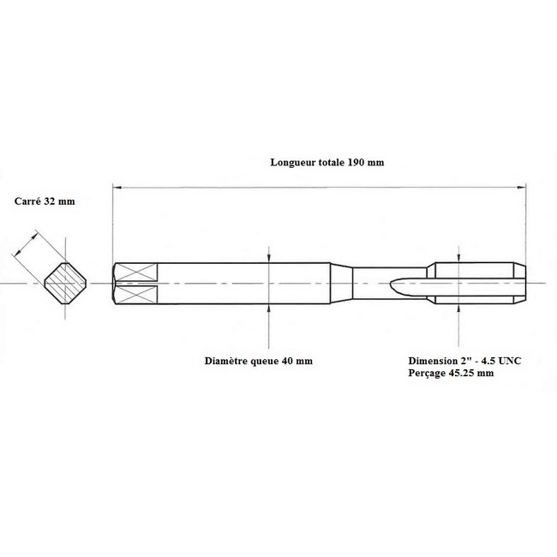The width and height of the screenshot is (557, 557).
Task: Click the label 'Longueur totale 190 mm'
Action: click(327, 162)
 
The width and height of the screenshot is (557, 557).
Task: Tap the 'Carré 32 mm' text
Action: click(45, 201)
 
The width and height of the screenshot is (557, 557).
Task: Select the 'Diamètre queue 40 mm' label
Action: click(259, 361)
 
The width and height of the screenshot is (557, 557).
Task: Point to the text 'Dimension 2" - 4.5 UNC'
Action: click(464, 361)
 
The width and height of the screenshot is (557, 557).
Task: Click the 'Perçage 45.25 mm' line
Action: click(451, 373)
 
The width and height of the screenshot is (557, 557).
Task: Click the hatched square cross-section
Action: click(65, 283)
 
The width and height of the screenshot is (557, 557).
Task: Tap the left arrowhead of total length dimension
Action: click(117, 187)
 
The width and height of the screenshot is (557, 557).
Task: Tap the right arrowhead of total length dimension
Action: click(522, 187)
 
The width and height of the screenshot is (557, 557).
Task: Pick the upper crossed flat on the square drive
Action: click(137, 273)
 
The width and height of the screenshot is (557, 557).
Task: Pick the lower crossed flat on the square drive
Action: click(137, 295)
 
